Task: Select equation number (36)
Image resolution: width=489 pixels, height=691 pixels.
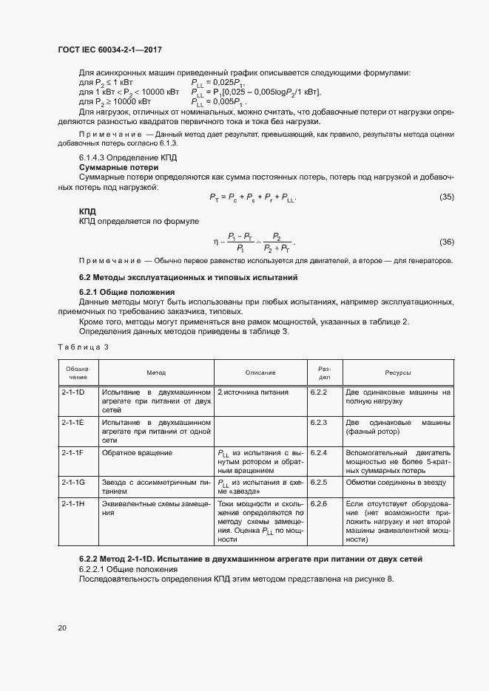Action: (446, 242)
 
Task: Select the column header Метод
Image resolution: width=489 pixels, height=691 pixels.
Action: (156, 373)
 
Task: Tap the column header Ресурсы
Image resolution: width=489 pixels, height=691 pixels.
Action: (397, 373)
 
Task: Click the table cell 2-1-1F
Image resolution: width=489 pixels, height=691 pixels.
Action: (73, 452)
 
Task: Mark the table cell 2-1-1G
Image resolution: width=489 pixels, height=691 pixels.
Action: (73, 481)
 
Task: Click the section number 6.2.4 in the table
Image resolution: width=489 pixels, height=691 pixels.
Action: (319, 452)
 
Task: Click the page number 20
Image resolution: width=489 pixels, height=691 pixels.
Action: (62, 627)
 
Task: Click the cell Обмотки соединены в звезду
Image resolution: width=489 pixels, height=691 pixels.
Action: (396, 481)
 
